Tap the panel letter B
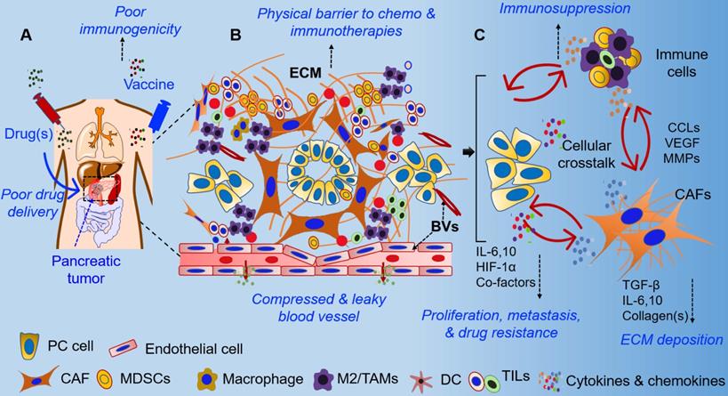[235, 36]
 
